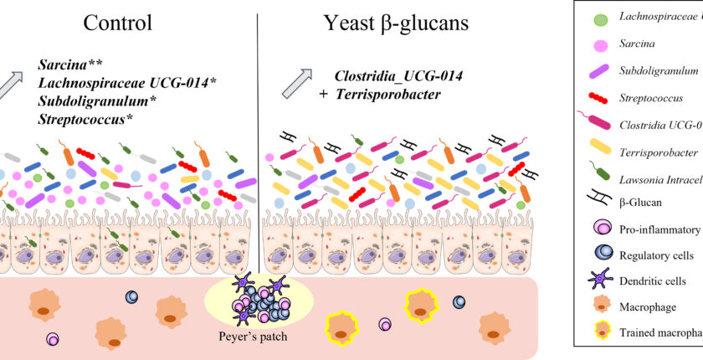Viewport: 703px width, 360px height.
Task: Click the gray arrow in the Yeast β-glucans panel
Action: (x=297, y=85)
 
